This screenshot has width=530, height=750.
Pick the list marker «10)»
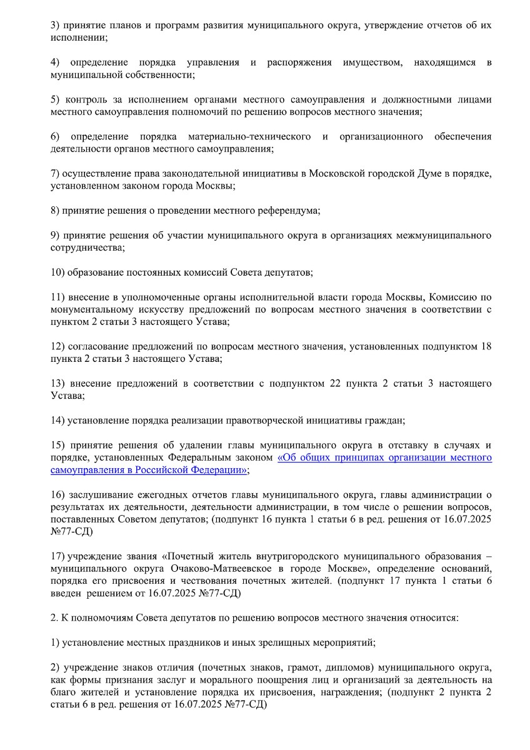[57, 272]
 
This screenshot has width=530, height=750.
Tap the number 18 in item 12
[486, 346]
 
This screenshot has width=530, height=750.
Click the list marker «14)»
[57, 420]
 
